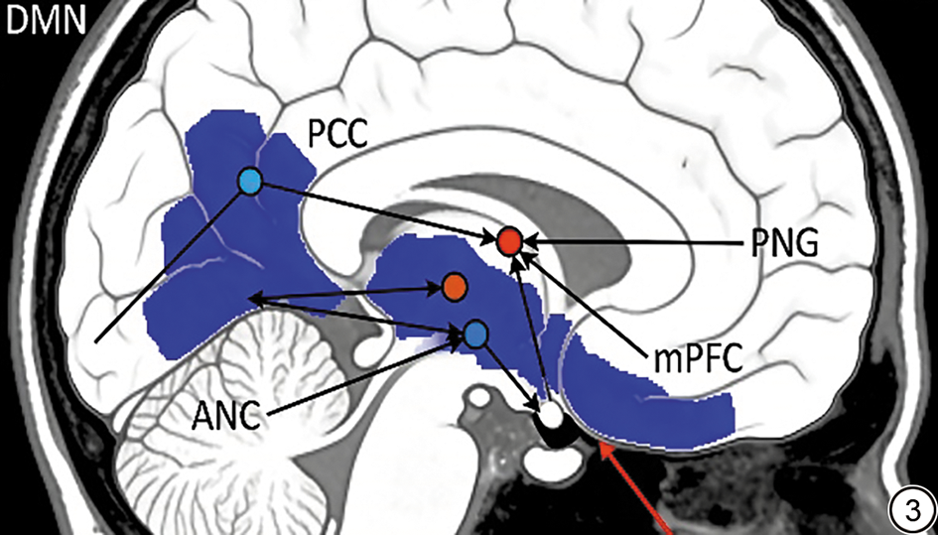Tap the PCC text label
click(x=337, y=136)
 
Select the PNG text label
click(x=784, y=243)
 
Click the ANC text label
click(x=226, y=416)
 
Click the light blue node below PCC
click(x=250, y=181)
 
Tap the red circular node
click(x=510, y=241)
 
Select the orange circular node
click(x=454, y=289)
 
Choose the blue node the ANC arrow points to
click(x=476, y=334)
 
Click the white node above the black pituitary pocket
click(x=551, y=414)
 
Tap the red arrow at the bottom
click(x=638, y=487)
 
